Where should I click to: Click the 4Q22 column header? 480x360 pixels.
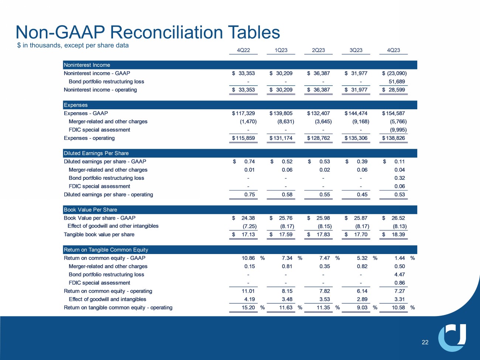[243, 50]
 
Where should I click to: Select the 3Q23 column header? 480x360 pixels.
[356, 50]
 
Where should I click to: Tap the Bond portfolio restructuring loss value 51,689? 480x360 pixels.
[397, 82]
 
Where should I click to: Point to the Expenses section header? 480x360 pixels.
[76, 105]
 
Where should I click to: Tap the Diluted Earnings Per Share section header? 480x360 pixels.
[96, 153]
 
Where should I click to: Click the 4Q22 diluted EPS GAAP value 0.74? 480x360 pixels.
[249, 162]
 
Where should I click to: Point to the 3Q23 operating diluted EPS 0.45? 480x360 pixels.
[362, 195]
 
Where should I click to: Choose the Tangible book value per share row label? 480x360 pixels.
[99, 234]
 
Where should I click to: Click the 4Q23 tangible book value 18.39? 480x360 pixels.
[398, 234]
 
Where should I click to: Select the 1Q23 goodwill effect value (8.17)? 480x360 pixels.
[287, 226]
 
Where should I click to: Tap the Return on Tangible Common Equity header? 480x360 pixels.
[106, 250]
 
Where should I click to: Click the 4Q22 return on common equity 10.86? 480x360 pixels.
[248, 258]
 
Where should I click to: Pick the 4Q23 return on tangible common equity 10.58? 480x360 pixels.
[398, 308]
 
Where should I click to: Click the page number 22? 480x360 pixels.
[425, 342]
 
